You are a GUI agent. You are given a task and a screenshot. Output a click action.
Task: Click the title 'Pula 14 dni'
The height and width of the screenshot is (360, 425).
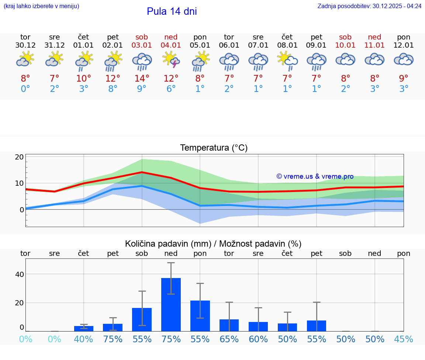click(x=172, y=11)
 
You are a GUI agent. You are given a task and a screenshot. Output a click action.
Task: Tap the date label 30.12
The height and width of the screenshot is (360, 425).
click(x=25, y=45)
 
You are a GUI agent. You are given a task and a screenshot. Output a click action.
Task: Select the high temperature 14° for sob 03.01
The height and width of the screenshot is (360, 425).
click(x=142, y=79)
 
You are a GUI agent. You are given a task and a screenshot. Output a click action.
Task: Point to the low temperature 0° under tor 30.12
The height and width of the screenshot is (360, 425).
click(x=25, y=89)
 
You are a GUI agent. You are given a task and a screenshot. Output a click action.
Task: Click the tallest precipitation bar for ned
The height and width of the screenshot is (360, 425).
click(x=171, y=304)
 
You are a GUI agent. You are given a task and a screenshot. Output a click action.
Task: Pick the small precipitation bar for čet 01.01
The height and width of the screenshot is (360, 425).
click(x=84, y=328)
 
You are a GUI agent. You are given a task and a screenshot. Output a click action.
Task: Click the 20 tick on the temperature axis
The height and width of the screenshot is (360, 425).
click(x=19, y=157)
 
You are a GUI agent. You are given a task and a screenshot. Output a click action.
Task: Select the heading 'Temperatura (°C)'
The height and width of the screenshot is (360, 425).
click(x=214, y=148)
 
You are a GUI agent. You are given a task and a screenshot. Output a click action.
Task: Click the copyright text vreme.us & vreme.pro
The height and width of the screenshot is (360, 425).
click(x=315, y=176)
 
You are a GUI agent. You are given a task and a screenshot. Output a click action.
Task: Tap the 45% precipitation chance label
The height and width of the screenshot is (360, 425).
click(x=404, y=339)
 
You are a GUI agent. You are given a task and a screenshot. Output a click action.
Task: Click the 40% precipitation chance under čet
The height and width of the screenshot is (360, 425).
click(x=84, y=339)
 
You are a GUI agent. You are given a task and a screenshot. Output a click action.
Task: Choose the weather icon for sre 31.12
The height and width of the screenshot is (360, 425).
click(x=55, y=59)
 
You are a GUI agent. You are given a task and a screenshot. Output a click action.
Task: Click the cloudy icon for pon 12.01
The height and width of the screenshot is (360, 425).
click(x=404, y=59)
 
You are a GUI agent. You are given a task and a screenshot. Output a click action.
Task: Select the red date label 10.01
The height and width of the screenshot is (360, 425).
click(x=345, y=45)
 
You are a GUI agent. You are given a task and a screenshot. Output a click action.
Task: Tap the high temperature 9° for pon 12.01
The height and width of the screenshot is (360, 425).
click(x=404, y=79)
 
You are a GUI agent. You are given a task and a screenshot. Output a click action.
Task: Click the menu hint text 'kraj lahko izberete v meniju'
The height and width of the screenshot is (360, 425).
click(x=41, y=6)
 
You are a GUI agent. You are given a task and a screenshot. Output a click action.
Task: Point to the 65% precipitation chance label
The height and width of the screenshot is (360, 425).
click(x=229, y=339)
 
